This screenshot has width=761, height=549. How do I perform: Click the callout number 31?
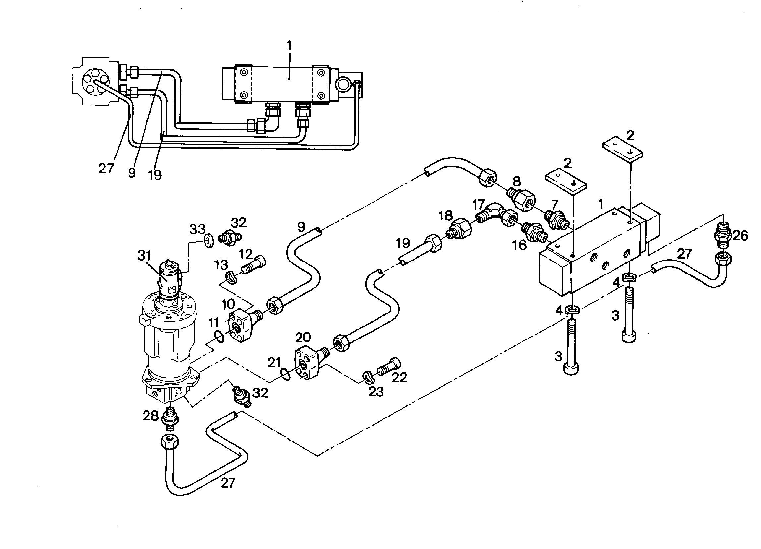coord(145,256)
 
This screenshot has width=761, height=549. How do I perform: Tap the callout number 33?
coord(197,229)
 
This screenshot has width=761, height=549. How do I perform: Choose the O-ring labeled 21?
coord(285,375)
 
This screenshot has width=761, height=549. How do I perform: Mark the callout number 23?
coord(376,392)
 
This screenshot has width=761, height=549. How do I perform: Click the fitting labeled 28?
coord(170,419)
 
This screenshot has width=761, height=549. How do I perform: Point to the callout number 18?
coord(445,215)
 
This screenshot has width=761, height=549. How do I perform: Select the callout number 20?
coord(303,337)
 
